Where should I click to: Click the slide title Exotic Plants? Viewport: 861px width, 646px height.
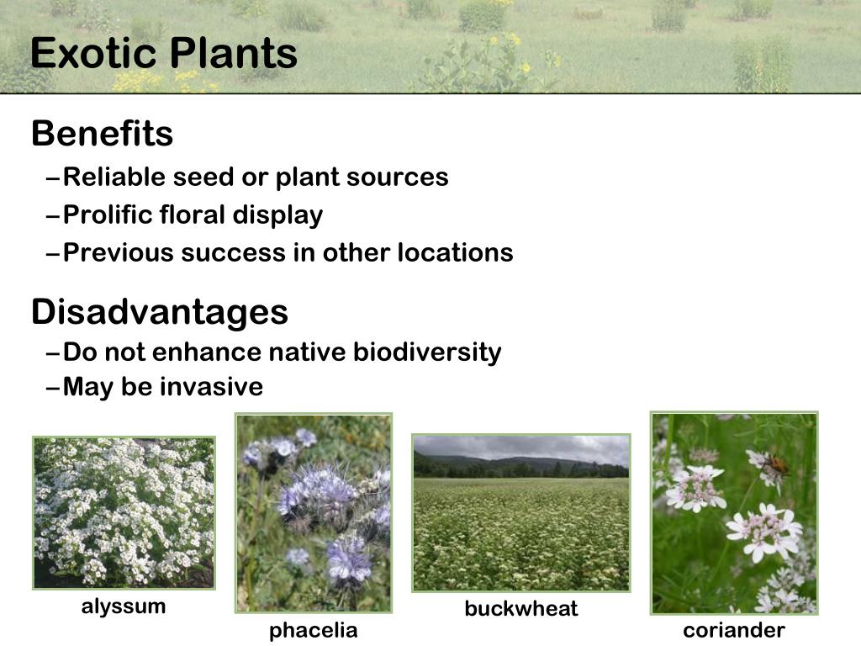164,54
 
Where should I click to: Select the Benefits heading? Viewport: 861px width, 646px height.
102,134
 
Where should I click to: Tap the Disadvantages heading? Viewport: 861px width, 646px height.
160,312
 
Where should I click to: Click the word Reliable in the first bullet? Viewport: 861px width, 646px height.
114,177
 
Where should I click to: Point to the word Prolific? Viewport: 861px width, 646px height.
108,215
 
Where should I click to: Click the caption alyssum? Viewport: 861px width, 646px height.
124,606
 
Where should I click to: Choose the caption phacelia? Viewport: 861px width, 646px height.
313,631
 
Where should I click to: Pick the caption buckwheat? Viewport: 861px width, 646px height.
521,609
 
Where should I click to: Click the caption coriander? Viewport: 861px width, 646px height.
734,631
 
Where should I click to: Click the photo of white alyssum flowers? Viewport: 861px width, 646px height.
124,512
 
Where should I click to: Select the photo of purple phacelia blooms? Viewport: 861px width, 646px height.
313,512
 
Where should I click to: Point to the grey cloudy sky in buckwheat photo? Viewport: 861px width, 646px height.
521,447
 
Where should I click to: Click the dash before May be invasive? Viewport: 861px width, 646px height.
53,388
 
